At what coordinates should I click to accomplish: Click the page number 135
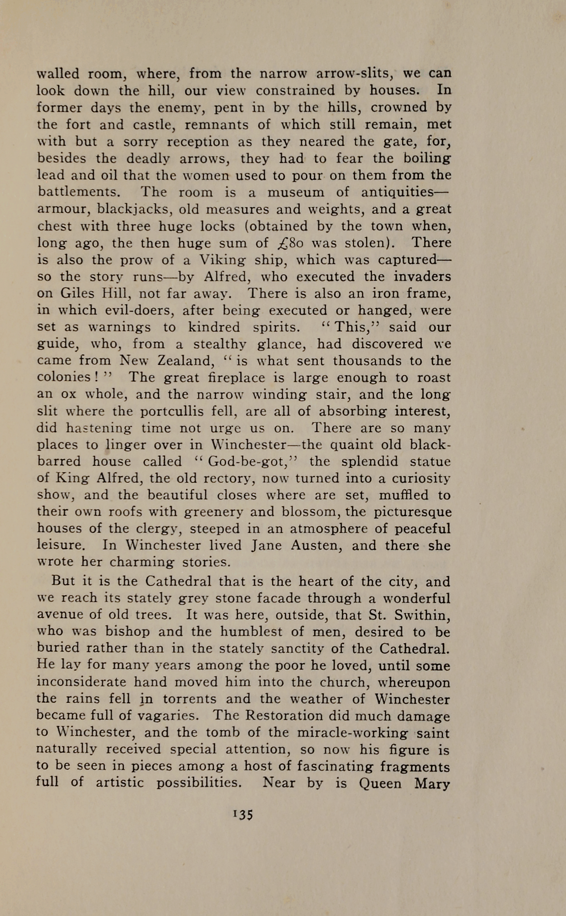click(243, 814)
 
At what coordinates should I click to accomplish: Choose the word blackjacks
click(134, 209)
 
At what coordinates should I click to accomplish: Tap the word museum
click(296, 192)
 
